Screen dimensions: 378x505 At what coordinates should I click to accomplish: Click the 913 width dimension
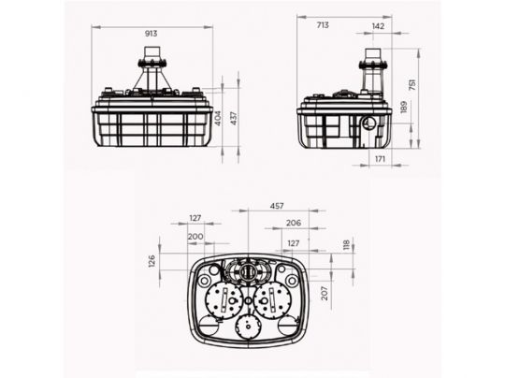[151, 34]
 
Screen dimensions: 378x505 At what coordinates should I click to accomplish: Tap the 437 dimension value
[234, 119]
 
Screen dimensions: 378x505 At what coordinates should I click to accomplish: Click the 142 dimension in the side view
[378, 26]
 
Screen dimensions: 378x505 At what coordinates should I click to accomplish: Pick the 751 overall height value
[411, 84]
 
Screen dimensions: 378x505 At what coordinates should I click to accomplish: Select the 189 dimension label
[403, 108]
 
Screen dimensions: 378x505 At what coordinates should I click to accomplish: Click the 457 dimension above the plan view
[278, 205]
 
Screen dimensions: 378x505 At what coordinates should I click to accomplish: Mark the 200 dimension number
[195, 237]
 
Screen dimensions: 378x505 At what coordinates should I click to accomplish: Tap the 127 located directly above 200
[195, 218]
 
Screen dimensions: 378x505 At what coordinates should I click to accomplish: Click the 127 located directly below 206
[294, 242]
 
